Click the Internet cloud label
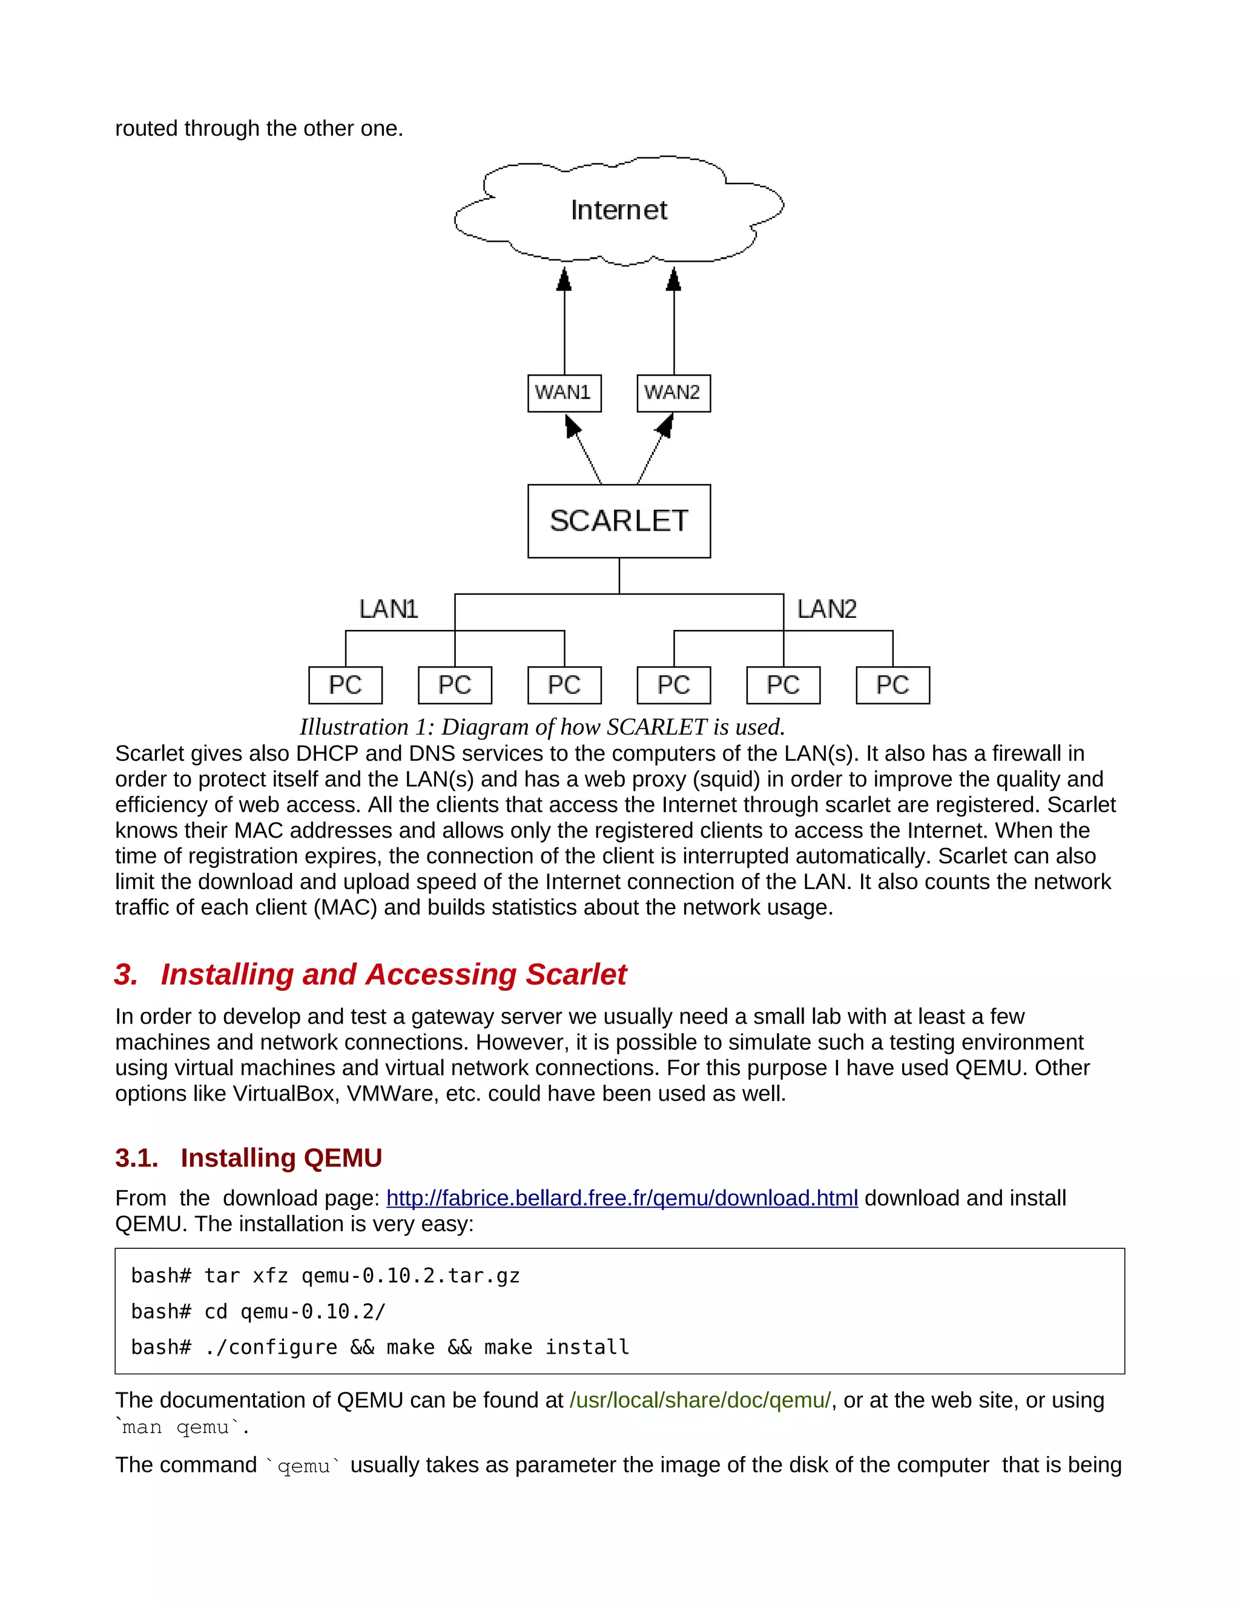point(619,210)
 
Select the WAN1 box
point(564,392)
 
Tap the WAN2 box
point(673,392)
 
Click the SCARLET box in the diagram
point(619,521)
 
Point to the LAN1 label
point(388,609)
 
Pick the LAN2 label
point(826,609)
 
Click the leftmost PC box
point(345,685)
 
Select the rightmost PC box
point(892,685)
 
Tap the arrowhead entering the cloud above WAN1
point(564,279)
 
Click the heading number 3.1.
point(137,1157)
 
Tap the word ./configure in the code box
point(270,1347)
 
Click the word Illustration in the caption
point(354,727)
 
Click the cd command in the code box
point(216,1312)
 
